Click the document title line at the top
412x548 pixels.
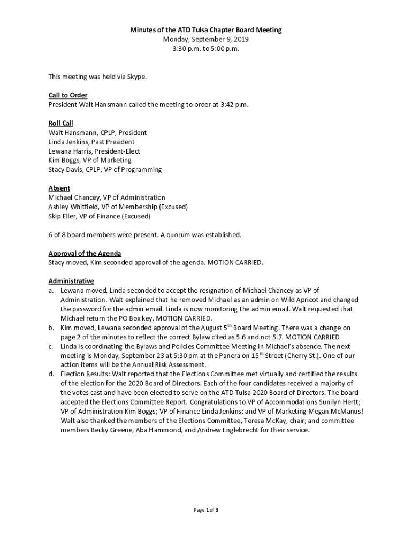pos(206,30)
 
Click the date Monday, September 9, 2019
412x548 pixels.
pos(206,39)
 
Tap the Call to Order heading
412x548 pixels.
pos(68,95)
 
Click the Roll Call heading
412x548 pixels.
pos(60,123)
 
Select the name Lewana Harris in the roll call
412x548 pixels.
pos(68,151)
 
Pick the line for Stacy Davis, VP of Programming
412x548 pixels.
pos(105,170)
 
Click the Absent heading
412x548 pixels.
pos(59,188)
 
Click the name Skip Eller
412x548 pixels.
pos(62,216)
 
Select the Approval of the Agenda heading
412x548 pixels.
pos(85,253)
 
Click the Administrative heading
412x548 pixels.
pos(71,281)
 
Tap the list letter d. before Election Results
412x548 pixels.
pos(51,374)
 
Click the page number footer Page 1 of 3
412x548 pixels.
pos(206,510)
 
